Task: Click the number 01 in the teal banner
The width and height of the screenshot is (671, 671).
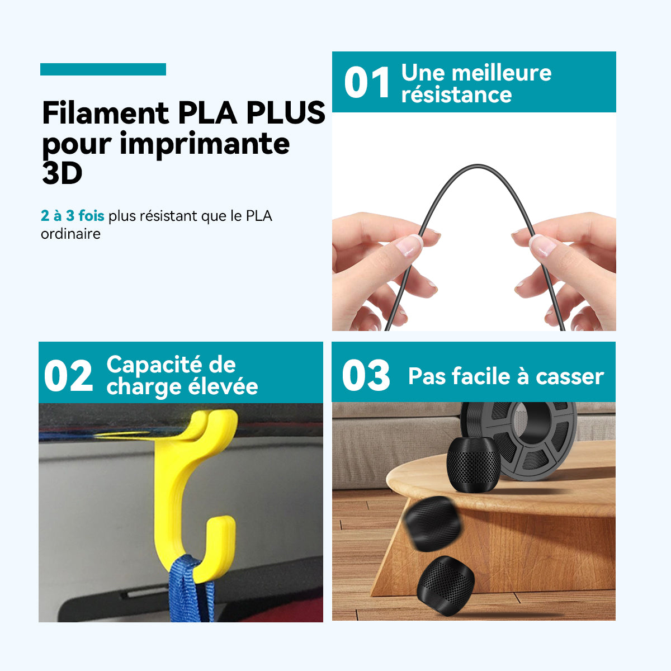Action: (x=367, y=83)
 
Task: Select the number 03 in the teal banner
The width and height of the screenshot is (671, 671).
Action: (x=366, y=375)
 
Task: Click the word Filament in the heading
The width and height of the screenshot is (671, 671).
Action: (x=106, y=113)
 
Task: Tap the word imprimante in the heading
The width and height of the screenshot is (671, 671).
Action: (x=205, y=144)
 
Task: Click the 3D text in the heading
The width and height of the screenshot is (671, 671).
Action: (x=62, y=173)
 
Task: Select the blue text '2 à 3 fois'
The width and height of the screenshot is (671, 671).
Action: (x=73, y=215)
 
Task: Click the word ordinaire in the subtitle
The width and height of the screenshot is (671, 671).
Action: (x=70, y=234)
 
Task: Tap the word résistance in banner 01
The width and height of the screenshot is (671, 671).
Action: (x=456, y=94)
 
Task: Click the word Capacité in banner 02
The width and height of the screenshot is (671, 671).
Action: (x=154, y=365)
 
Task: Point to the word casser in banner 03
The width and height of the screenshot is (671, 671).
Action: (x=570, y=377)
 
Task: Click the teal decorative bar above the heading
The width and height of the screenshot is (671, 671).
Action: (x=103, y=69)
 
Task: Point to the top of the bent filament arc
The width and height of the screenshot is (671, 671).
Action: (x=478, y=166)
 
